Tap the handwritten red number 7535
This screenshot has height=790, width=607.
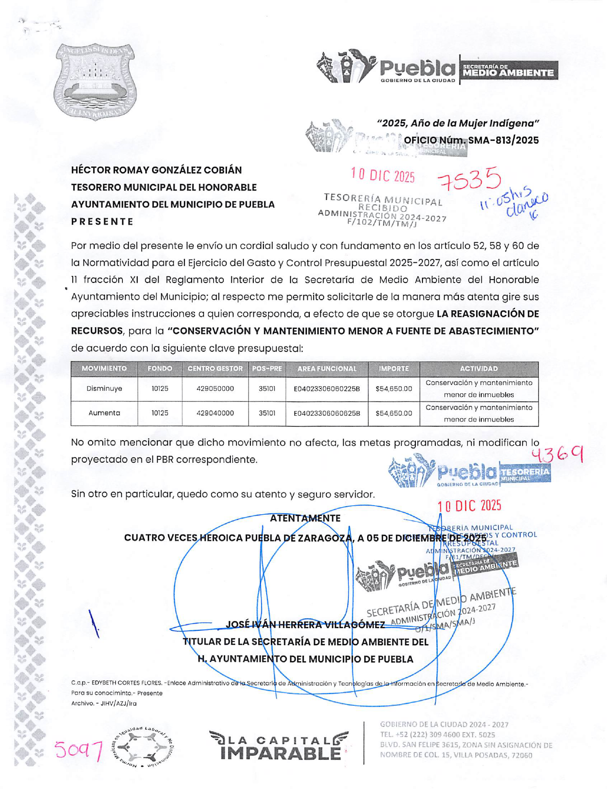pos(469,180)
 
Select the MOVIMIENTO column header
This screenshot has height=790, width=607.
pos(104,368)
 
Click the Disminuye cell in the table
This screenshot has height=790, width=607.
pos(104,389)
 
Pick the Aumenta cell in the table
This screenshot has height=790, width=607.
pos(104,413)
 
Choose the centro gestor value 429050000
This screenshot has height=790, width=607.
pos(215,389)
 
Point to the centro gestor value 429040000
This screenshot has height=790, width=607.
pos(215,413)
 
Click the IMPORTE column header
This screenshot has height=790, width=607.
pos(394,368)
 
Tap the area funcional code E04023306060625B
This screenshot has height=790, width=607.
pos(327,413)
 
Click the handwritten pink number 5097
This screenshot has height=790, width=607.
pos(78,750)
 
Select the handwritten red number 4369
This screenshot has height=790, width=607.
pos(557,455)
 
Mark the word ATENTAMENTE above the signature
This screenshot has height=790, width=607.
pos(305,518)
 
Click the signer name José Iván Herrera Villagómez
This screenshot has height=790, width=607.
pos(305,625)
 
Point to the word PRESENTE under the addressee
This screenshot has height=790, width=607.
pos(102,222)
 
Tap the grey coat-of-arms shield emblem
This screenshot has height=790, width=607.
pos(95,81)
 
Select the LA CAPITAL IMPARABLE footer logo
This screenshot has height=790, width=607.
pos(279,746)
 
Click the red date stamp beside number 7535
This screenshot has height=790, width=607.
pos(383,175)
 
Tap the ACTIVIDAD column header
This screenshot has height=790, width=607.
pos(479,368)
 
